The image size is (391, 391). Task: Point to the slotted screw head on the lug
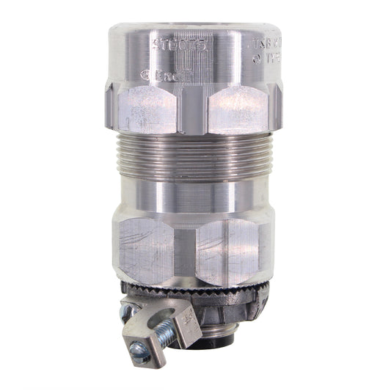pos(139,354)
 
